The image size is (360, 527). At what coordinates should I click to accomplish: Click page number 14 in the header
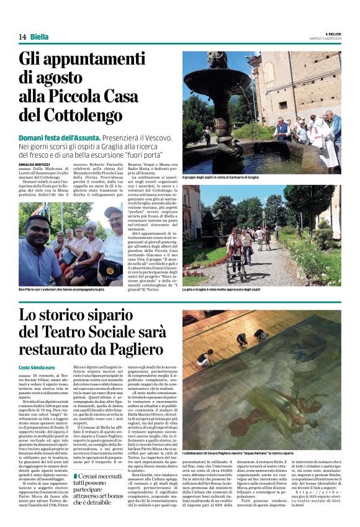point(22,37)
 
